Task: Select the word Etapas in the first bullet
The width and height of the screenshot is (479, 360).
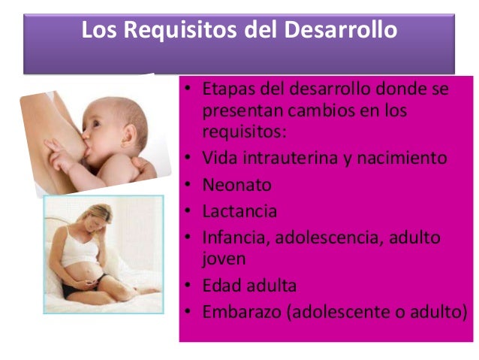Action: click(227, 90)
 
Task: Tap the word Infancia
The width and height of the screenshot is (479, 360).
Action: click(235, 237)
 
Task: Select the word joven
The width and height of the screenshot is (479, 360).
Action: click(223, 259)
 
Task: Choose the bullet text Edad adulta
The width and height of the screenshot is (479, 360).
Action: click(249, 286)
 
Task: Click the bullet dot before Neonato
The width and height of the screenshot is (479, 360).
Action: click(188, 185)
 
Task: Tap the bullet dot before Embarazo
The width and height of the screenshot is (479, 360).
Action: click(188, 312)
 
